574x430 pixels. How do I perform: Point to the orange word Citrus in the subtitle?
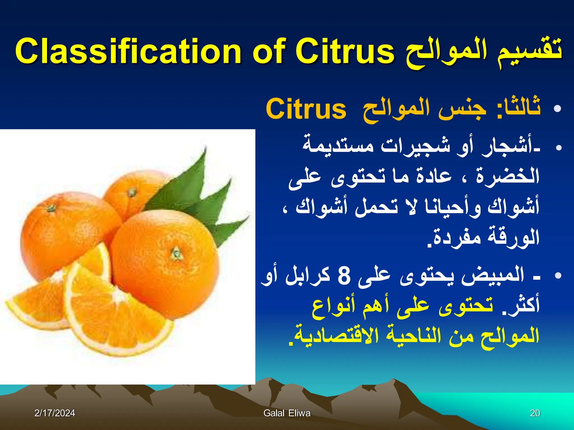(x=306, y=109)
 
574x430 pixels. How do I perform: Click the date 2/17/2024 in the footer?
(x=55, y=413)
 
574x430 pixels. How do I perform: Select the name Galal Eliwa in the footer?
(x=287, y=413)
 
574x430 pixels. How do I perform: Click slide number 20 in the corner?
(x=535, y=413)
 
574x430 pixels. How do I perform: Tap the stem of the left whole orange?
(x=51, y=208)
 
